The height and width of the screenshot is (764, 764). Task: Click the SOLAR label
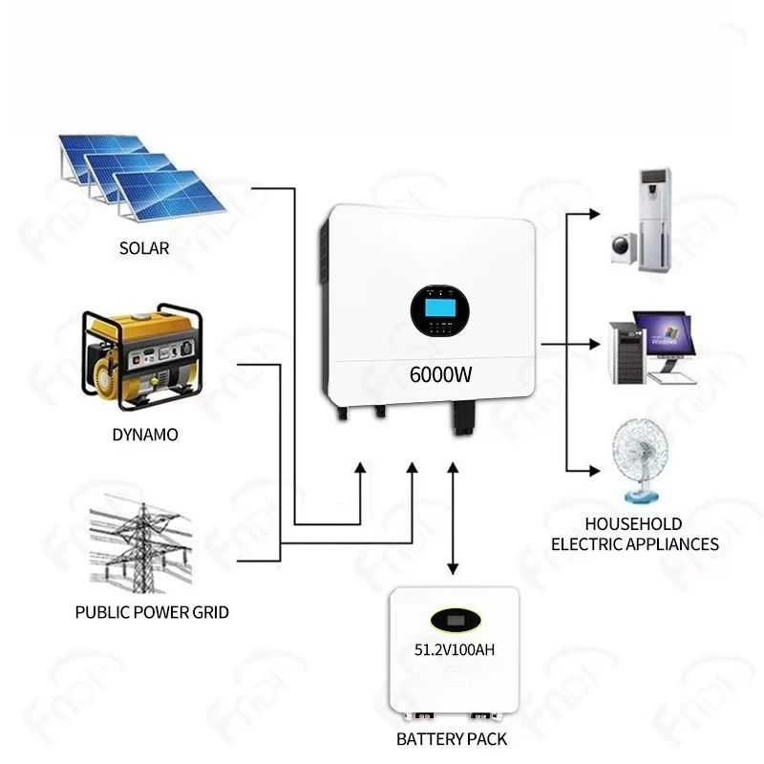click(144, 248)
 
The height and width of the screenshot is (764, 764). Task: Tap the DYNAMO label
click(145, 435)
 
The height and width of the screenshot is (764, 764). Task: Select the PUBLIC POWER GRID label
click(152, 612)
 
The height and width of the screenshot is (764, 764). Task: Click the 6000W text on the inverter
click(440, 374)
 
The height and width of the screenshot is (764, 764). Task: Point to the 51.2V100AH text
click(455, 649)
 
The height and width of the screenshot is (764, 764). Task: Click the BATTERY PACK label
click(452, 739)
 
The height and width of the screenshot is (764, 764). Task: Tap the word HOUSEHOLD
click(633, 523)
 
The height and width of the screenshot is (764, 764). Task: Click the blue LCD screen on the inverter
click(440, 308)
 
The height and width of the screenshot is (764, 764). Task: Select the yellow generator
click(142, 356)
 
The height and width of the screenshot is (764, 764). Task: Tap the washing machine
click(625, 248)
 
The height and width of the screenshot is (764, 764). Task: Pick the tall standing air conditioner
click(655, 221)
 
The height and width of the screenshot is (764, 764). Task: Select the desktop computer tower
click(628, 352)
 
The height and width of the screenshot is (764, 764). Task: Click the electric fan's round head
click(639, 449)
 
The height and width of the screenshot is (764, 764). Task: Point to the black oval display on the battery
click(456, 620)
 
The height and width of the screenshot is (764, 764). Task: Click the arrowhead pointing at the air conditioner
click(594, 214)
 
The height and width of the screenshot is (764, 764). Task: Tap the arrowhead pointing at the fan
click(594, 471)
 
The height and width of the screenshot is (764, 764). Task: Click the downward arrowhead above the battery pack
click(453, 568)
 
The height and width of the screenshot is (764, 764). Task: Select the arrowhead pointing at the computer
click(594, 344)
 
